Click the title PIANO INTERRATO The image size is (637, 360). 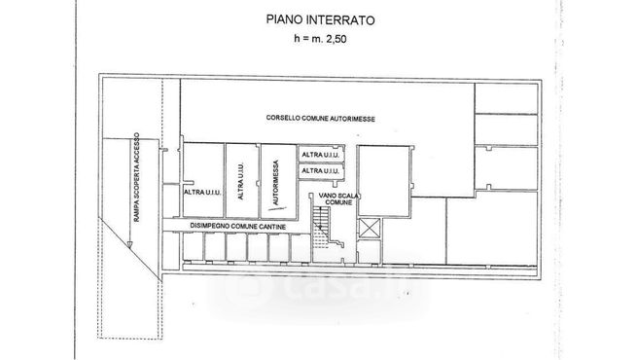pyautogui.click(x=318, y=18)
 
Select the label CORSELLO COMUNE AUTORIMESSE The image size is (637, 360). pyautogui.click(x=321, y=119)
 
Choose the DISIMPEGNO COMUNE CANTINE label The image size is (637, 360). pyautogui.click(x=235, y=226)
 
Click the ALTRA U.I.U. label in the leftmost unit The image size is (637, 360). pyautogui.click(x=202, y=192)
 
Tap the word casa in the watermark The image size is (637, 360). pyautogui.click(x=322, y=288)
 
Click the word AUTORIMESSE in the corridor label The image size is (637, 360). pyautogui.click(x=353, y=119)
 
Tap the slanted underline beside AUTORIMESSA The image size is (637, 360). pyautogui.click(x=268, y=202)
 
